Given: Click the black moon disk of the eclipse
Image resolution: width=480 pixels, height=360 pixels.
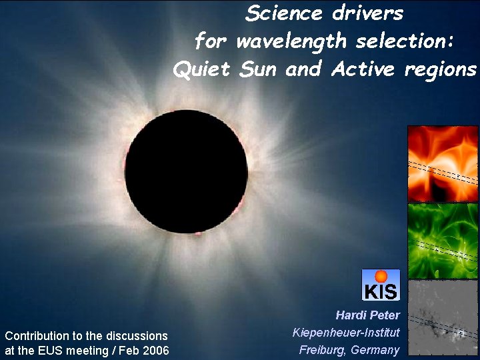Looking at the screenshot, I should (186, 171).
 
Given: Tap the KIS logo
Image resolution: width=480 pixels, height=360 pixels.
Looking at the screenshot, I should (381, 285).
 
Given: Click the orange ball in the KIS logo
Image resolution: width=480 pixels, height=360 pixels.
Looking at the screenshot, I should (381, 276).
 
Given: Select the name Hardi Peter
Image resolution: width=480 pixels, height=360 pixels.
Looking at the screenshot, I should (367, 315).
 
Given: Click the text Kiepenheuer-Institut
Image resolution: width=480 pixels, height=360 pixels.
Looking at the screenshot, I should (346, 332).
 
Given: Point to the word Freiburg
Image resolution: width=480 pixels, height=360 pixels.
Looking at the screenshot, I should (322, 350).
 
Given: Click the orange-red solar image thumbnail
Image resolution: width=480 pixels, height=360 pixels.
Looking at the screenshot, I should (443, 163).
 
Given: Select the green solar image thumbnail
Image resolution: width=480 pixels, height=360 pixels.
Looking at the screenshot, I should (443, 241).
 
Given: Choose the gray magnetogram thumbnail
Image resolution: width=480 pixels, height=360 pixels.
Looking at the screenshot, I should (443, 317).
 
